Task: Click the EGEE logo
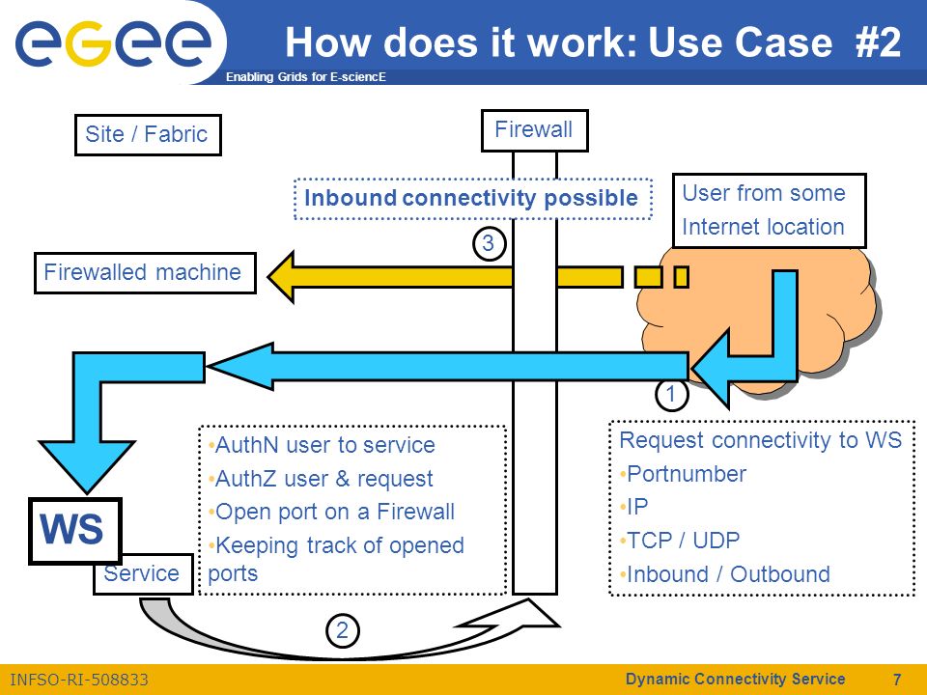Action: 113,42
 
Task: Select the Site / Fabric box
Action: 148,135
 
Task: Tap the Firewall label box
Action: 534,130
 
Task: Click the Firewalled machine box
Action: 145,273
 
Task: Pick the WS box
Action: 75,530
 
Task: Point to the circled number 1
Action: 672,394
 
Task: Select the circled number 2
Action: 342,630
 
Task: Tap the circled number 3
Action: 489,243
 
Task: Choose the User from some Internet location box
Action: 770,210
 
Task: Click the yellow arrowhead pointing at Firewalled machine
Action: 282,277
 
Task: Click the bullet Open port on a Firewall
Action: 331,512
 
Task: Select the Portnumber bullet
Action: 683,474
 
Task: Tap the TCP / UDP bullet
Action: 679,541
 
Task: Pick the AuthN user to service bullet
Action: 322,445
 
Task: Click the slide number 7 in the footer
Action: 897,679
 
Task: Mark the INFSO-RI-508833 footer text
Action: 79,680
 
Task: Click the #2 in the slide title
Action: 878,42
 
